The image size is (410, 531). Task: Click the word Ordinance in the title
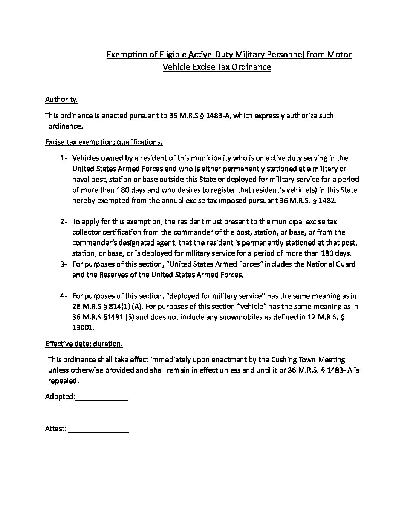(252, 67)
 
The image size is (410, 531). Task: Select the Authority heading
(61, 100)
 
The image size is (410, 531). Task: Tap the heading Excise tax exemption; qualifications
(104, 142)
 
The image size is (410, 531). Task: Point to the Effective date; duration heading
(84, 344)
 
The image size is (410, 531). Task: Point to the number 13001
(83, 328)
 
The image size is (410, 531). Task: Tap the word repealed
(63, 381)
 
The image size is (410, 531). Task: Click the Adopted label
(60, 397)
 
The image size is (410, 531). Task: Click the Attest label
(56, 429)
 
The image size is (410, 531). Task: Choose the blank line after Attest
(99, 430)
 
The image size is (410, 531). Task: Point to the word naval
(81, 179)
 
